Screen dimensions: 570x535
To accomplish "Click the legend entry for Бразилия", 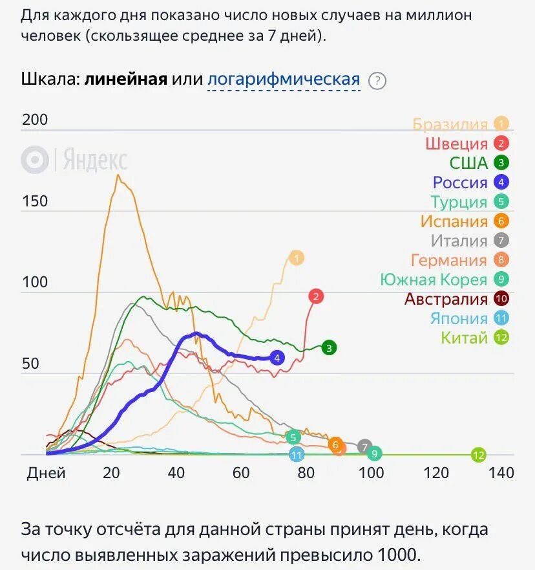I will pos(450,124).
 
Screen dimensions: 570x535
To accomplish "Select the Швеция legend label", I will pos(456,144).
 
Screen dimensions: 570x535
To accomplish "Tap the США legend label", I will pos(468,163).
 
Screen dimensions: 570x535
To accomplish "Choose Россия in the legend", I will pos(460,182).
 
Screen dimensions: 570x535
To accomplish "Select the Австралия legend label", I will pos(446,299).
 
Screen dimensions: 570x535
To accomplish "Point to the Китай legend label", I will pos(464,338).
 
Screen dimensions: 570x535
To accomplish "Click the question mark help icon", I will pos(377,81).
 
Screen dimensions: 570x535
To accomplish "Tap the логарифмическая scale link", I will pos(284,80).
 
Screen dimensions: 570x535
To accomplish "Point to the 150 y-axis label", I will pos(35,201).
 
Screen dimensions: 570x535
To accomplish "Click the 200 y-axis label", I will pos(35,120).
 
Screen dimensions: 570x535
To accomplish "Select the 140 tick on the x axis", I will pos(501,473).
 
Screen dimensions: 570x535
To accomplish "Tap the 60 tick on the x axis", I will pos(241,473).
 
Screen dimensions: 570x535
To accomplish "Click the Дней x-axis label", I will pos(46,473).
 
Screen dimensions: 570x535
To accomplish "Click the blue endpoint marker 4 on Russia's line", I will pos(277,357).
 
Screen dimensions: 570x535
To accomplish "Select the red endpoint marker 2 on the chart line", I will pos(316,297).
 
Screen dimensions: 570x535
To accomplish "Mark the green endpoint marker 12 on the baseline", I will pos(478,455).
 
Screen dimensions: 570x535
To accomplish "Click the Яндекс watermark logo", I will pos(74,160).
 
